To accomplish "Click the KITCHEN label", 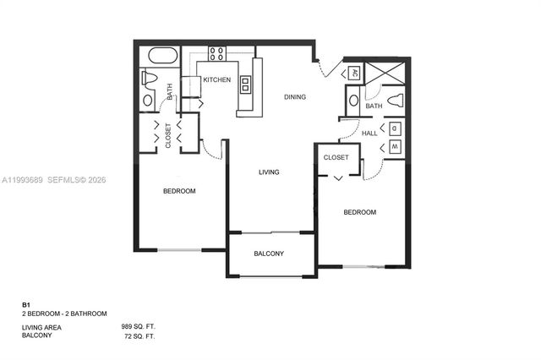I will pyautogui.click(x=217, y=79).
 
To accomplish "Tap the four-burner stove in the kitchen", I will pyautogui.click(x=216, y=54).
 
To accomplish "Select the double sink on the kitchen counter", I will pyautogui.click(x=246, y=83).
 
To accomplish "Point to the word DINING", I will pyautogui.click(x=295, y=97).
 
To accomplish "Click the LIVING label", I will pyautogui.click(x=269, y=172).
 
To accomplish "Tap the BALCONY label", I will pyautogui.click(x=269, y=254).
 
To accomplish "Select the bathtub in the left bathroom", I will pyautogui.click(x=163, y=57).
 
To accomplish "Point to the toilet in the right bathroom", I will pyautogui.click(x=395, y=100).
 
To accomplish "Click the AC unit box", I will pyautogui.click(x=355, y=73).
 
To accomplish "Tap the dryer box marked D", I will pyautogui.click(x=395, y=128).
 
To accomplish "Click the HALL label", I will pyautogui.click(x=369, y=133).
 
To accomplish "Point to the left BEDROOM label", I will pyautogui.click(x=179, y=191).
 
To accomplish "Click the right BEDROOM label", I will pyautogui.click(x=359, y=213).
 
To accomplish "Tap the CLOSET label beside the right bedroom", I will pyautogui.click(x=336, y=157).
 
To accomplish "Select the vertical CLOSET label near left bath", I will pyautogui.click(x=168, y=135).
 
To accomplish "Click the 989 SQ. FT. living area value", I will pyautogui.click(x=139, y=326).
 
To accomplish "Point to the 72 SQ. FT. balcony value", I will pyautogui.click(x=140, y=335).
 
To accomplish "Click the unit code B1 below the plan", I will pyautogui.click(x=25, y=303).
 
